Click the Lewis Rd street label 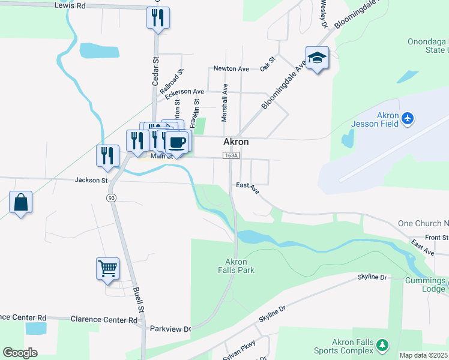[x=71, y=5]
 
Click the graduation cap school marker [x=317, y=58]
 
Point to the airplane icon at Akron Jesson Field [x=408, y=118]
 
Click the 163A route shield [x=231, y=155]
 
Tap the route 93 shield [x=111, y=197]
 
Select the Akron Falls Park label [x=240, y=266]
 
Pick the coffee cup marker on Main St [x=176, y=142]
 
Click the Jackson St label [x=91, y=179]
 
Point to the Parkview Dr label [x=170, y=329]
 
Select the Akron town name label [x=236, y=142]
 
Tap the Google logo [x=20, y=353]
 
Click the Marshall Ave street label [x=224, y=103]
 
